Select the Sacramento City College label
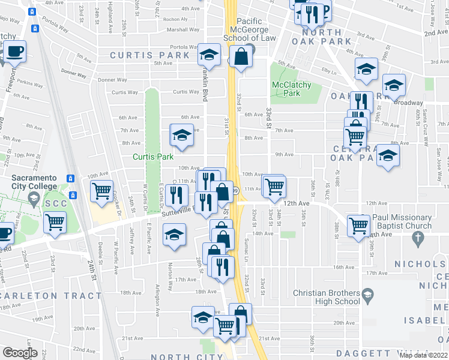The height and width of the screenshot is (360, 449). pos(35,182)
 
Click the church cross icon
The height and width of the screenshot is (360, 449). pos(418,238)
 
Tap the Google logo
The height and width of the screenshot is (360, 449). pos(20,353)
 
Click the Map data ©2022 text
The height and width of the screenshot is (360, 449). pos(424,355)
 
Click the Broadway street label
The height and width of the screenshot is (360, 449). pos(408,103)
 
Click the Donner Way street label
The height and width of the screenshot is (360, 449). pos(73,74)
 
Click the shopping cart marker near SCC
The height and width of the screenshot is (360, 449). pos(55,221)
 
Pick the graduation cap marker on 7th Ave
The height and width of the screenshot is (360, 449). pos(181,136)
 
